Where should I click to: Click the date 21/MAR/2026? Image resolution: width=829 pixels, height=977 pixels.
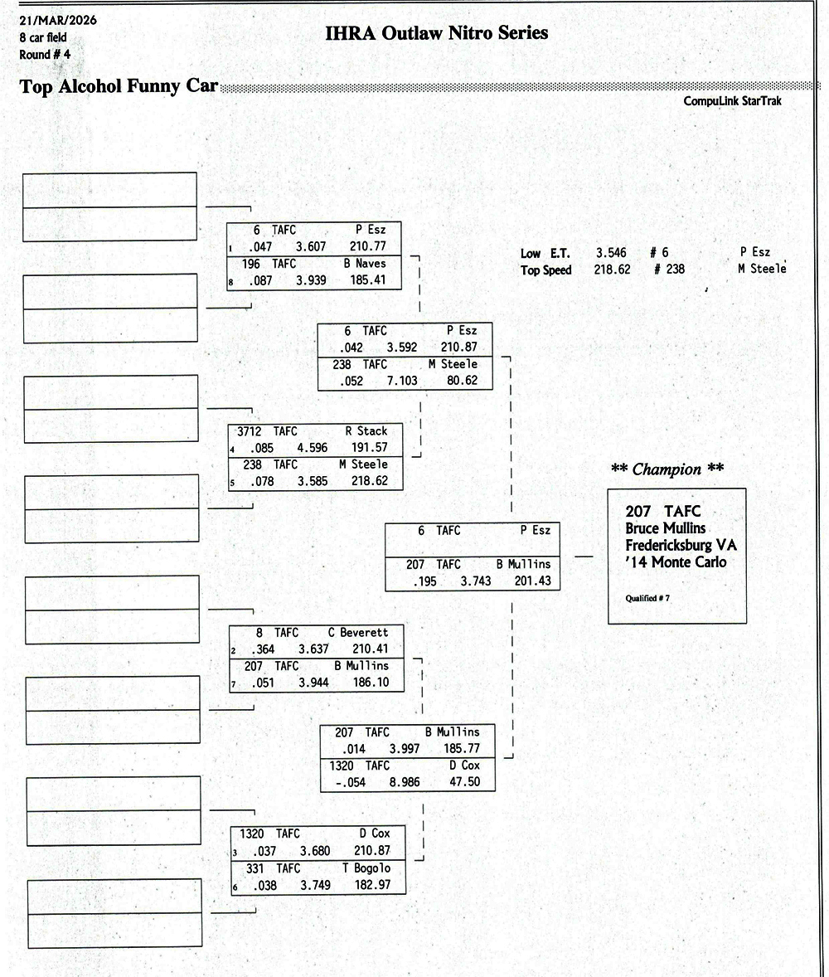pyautogui.click(x=57, y=20)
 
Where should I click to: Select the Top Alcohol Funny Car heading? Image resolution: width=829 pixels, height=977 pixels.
pyautogui.click(x=119, y=86)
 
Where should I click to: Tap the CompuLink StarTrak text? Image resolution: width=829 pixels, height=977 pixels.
pyautogui.click(x=733, y=101)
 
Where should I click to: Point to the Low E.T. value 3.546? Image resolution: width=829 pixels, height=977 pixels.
pyautogui.click(x=611, y=253)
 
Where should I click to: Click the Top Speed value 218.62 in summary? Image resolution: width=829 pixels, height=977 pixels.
pyautogui.click(x=612, y=270)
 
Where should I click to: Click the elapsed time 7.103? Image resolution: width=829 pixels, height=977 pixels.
pyautogui.click(x=402, y=382)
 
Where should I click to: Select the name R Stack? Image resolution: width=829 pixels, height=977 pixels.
pyautogui.click(x=366, y=431)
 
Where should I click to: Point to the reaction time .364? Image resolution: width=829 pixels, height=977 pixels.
pyautogui.click(x=264, y=649)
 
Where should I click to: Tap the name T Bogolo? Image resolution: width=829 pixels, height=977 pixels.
pyautogui.click(x=366, y=868)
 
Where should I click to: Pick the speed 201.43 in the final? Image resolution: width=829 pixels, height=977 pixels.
pyautogui.click(x=532, y=581)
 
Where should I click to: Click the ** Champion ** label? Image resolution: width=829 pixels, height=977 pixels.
pyautogui.click(x=667, y=469)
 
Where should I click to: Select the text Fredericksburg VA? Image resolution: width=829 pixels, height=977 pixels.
pyautogui.click(x=681, y=545)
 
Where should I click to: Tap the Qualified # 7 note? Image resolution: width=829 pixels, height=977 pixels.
pyautogui.click(x=647, y=598)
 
